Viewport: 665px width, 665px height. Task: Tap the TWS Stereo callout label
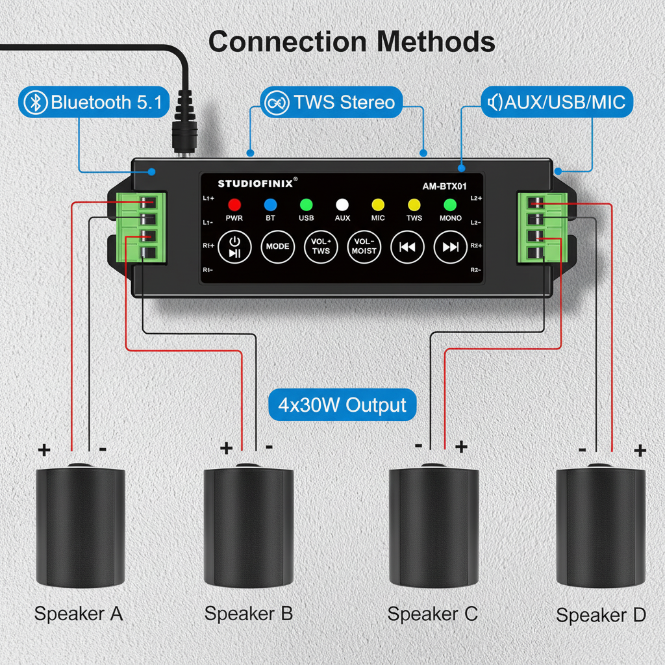tap(332, 102)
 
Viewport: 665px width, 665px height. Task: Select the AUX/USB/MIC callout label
tap(557, 102)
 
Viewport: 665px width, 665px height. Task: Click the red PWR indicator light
tap(234, 205)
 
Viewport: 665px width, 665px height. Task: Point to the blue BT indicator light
tap(270, 205)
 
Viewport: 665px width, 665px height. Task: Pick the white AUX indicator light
tap(342, 205)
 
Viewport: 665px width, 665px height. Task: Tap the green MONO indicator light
tap(450, 205)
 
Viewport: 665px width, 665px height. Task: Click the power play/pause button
tap(234, 247)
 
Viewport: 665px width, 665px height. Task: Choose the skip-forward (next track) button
tap(450, 247)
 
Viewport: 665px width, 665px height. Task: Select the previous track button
tap(407, 247)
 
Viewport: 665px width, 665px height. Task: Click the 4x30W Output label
tap(342, 405)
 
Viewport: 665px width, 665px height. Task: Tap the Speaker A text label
tap(79, 613)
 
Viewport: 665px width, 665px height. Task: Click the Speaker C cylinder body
tap(433, 526)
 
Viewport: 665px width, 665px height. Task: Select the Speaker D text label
tap(601, 615)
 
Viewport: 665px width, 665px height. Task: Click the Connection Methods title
tap(351, 42)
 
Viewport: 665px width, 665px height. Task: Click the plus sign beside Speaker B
tap(226, 447)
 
